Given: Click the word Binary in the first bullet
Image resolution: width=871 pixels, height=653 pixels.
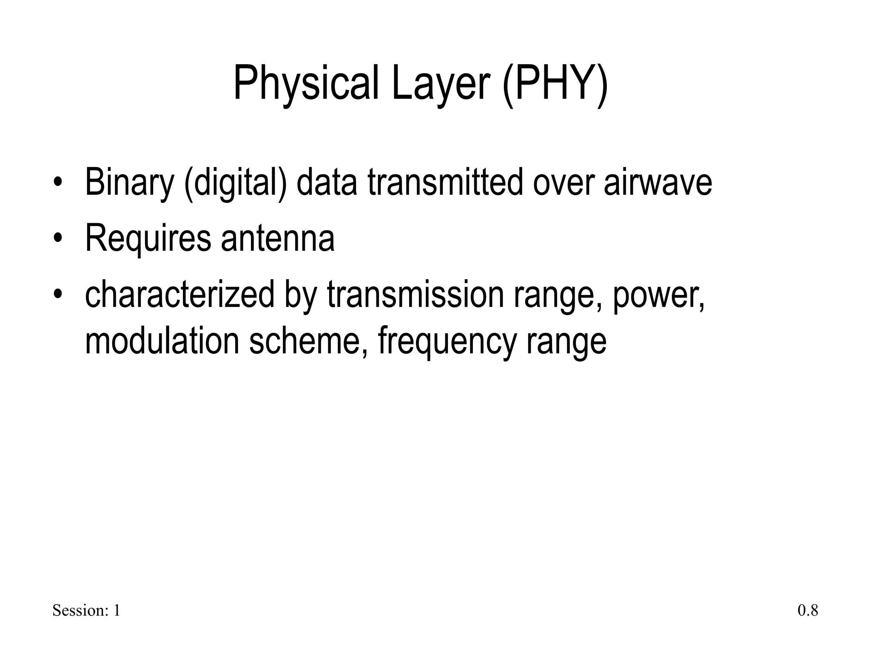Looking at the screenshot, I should pyautogui.click(x=129, y=182).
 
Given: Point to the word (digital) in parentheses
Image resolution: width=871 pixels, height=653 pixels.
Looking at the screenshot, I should pyautogui.click(x=235, y=182).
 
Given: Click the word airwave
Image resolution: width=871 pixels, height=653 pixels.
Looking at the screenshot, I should pyautogui.click(x=658, y=182).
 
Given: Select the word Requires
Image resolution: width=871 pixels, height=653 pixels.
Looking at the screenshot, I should pyautogui.click(x=148, y=238).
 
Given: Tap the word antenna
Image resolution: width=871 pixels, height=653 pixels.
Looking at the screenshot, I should pyautogui.click(x=278, y=238).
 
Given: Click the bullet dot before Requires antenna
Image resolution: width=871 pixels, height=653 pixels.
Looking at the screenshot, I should pyautogui.click(x=58, y=238).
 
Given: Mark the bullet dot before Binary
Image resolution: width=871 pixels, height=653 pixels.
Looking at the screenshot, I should pyautogui.click(x=58, y=183).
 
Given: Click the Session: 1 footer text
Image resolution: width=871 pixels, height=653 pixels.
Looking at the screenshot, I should pyautogui.click(x=86, y=610).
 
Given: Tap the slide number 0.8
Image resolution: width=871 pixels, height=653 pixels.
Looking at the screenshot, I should pyautogui.click(x=808, y=610).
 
